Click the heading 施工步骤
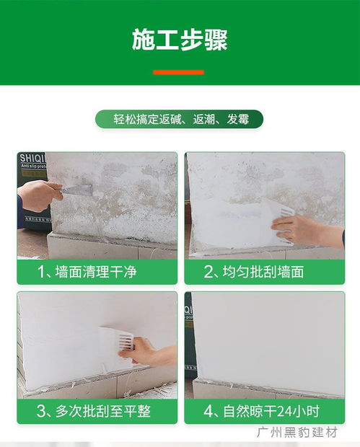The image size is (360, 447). pyautogui.click(x=180, y=40)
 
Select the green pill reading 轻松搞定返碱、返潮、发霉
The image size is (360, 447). pyautogui.click(x=179, y=120)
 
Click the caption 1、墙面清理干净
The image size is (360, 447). pyautogui.click(x=88, y=272)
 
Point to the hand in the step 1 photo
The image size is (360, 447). pyautogui.click(x=40, y=195)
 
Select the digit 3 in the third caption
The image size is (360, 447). pyautogui.click(x=42, y=412)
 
